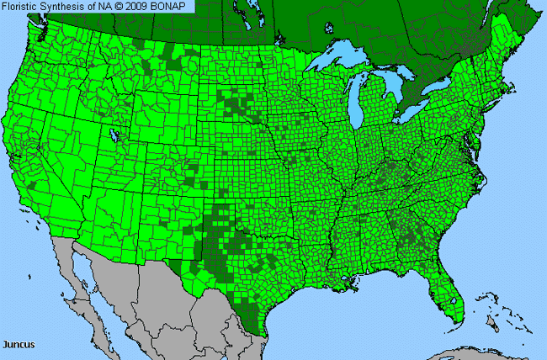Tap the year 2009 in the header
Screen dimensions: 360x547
coord(134,7)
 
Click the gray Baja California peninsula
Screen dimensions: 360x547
coord(80,278)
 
